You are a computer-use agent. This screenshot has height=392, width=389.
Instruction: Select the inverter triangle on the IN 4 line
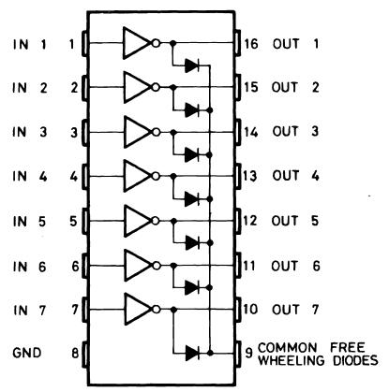coord(136,175)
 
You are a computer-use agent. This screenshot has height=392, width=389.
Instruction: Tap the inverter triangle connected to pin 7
coord(136,307)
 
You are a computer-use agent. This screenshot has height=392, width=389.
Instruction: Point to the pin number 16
coord(250,44)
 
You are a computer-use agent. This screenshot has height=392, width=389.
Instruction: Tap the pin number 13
coord(250,175)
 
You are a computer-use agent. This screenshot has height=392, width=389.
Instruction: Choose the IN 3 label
coord(29,132)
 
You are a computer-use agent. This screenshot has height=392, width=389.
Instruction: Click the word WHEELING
coord(290,358)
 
